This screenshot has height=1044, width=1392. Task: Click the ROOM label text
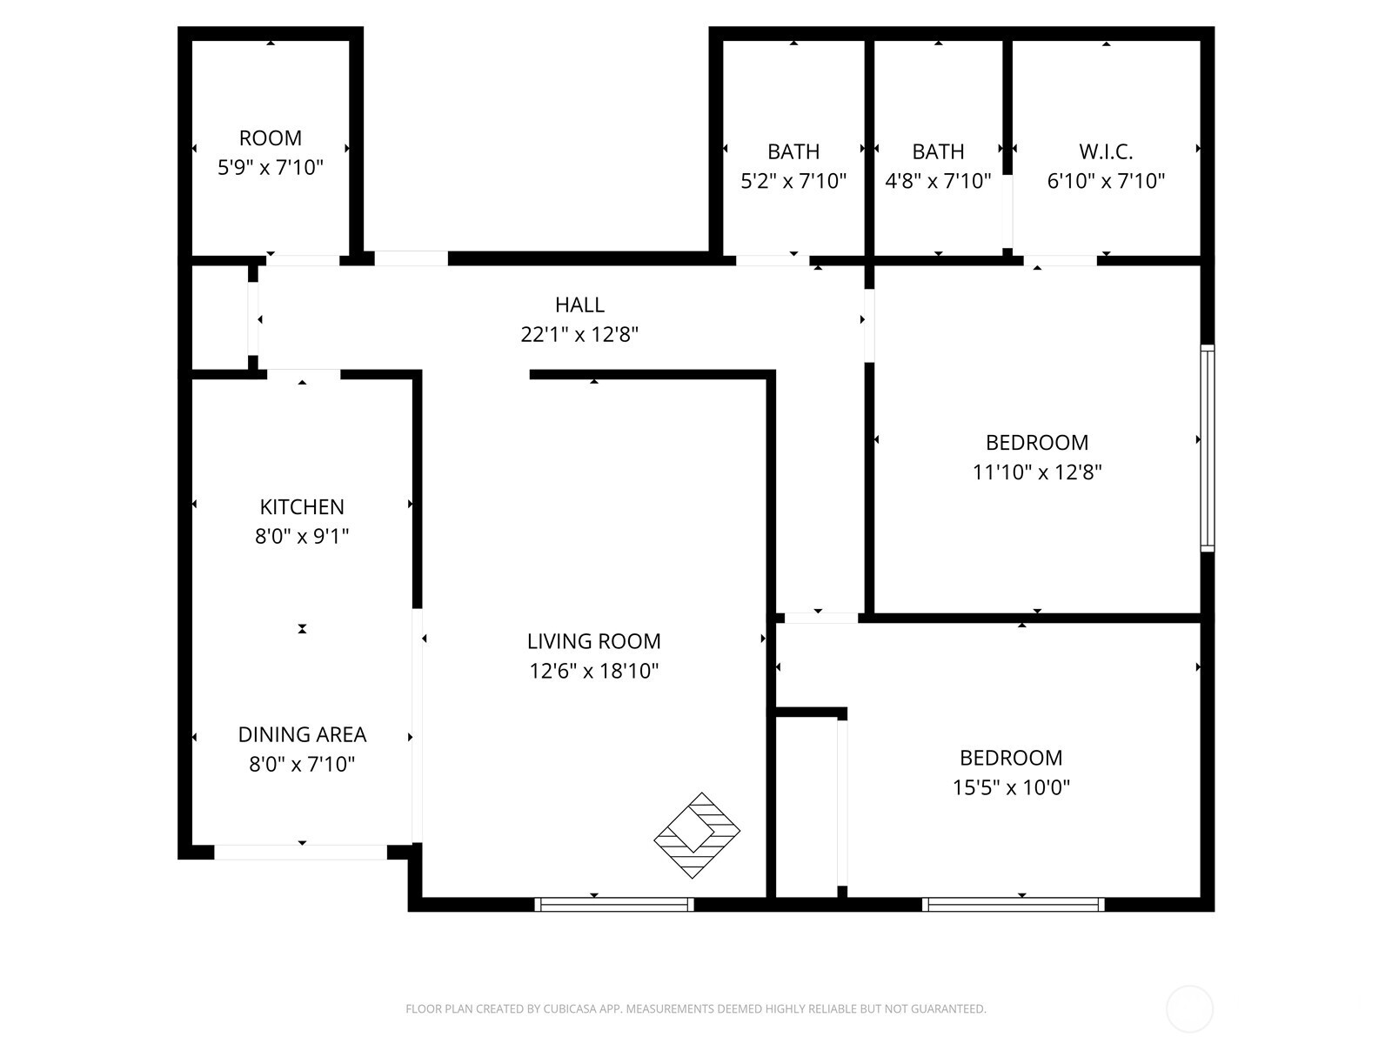271,137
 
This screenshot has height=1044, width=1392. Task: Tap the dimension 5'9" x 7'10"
271,167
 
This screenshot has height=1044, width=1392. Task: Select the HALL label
579,304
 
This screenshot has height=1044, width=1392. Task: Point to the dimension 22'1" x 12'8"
579,334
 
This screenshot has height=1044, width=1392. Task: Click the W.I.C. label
1106,151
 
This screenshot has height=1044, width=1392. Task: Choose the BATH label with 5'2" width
793,151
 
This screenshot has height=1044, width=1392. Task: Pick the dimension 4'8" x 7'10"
938,181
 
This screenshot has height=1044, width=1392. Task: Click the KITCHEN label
302,506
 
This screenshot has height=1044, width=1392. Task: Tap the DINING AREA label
302,734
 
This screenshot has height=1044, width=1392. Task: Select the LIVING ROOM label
593,641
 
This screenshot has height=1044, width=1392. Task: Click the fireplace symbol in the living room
697,835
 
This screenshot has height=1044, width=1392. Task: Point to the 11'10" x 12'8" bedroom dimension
1037,472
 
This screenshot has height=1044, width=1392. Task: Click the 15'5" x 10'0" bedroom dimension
1011,787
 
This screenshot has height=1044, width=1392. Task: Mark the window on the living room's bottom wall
614,905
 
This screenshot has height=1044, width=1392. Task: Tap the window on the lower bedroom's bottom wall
1014,905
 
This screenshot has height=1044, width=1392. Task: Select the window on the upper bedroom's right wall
1208,448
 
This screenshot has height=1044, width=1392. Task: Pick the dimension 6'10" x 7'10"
1106,181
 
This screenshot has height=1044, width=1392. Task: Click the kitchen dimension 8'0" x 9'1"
302,536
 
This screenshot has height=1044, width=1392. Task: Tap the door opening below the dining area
301,853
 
